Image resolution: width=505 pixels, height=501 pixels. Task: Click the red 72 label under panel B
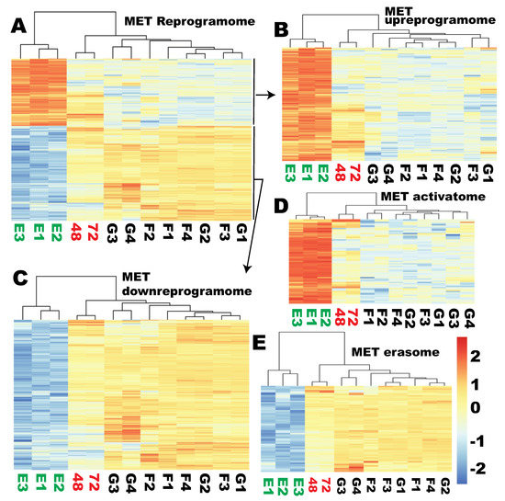[x=356, y=169]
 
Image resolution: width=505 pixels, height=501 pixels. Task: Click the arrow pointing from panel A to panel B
[x=267, y=95]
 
